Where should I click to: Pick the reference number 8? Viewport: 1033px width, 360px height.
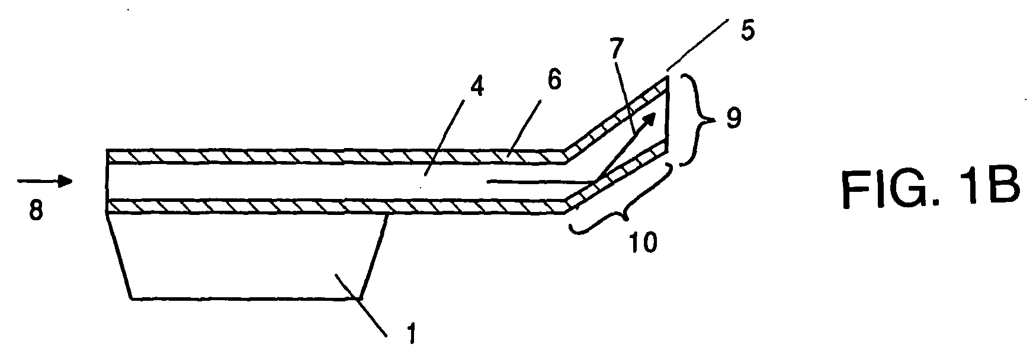pos(37,210)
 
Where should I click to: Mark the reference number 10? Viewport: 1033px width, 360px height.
pos(644,243)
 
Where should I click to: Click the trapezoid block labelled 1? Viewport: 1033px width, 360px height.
pos(246,257)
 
